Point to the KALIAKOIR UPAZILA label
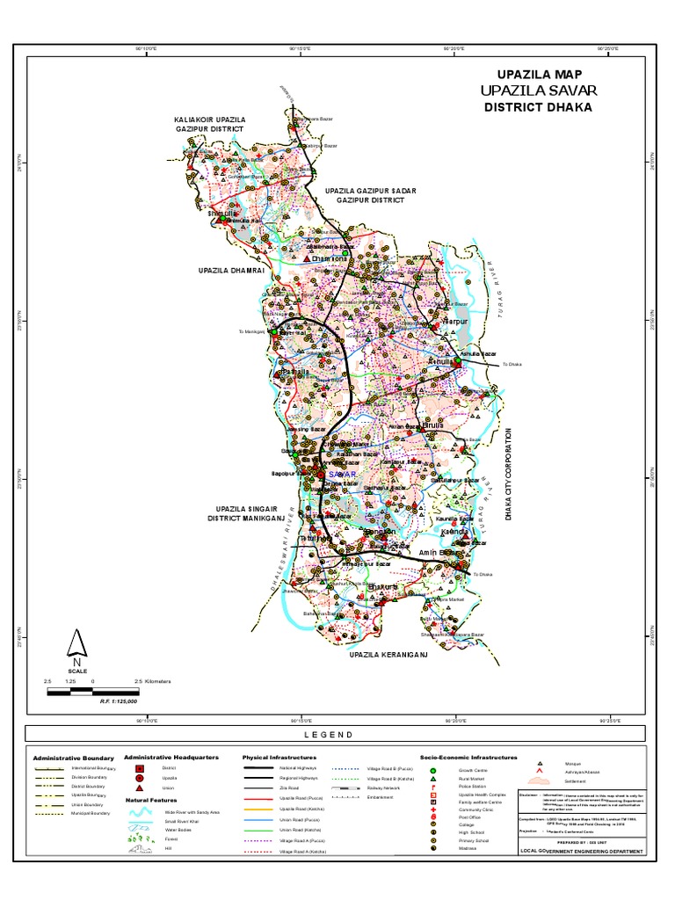coord(210,118)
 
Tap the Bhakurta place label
coord(383,586)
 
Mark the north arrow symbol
coord(76,647)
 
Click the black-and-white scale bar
coord(93,692)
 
